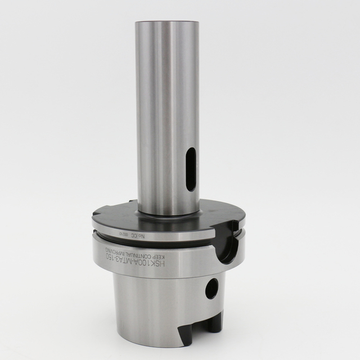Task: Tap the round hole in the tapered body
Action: coord(211,289)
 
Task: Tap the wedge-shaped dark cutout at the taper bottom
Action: coord(188,332)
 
